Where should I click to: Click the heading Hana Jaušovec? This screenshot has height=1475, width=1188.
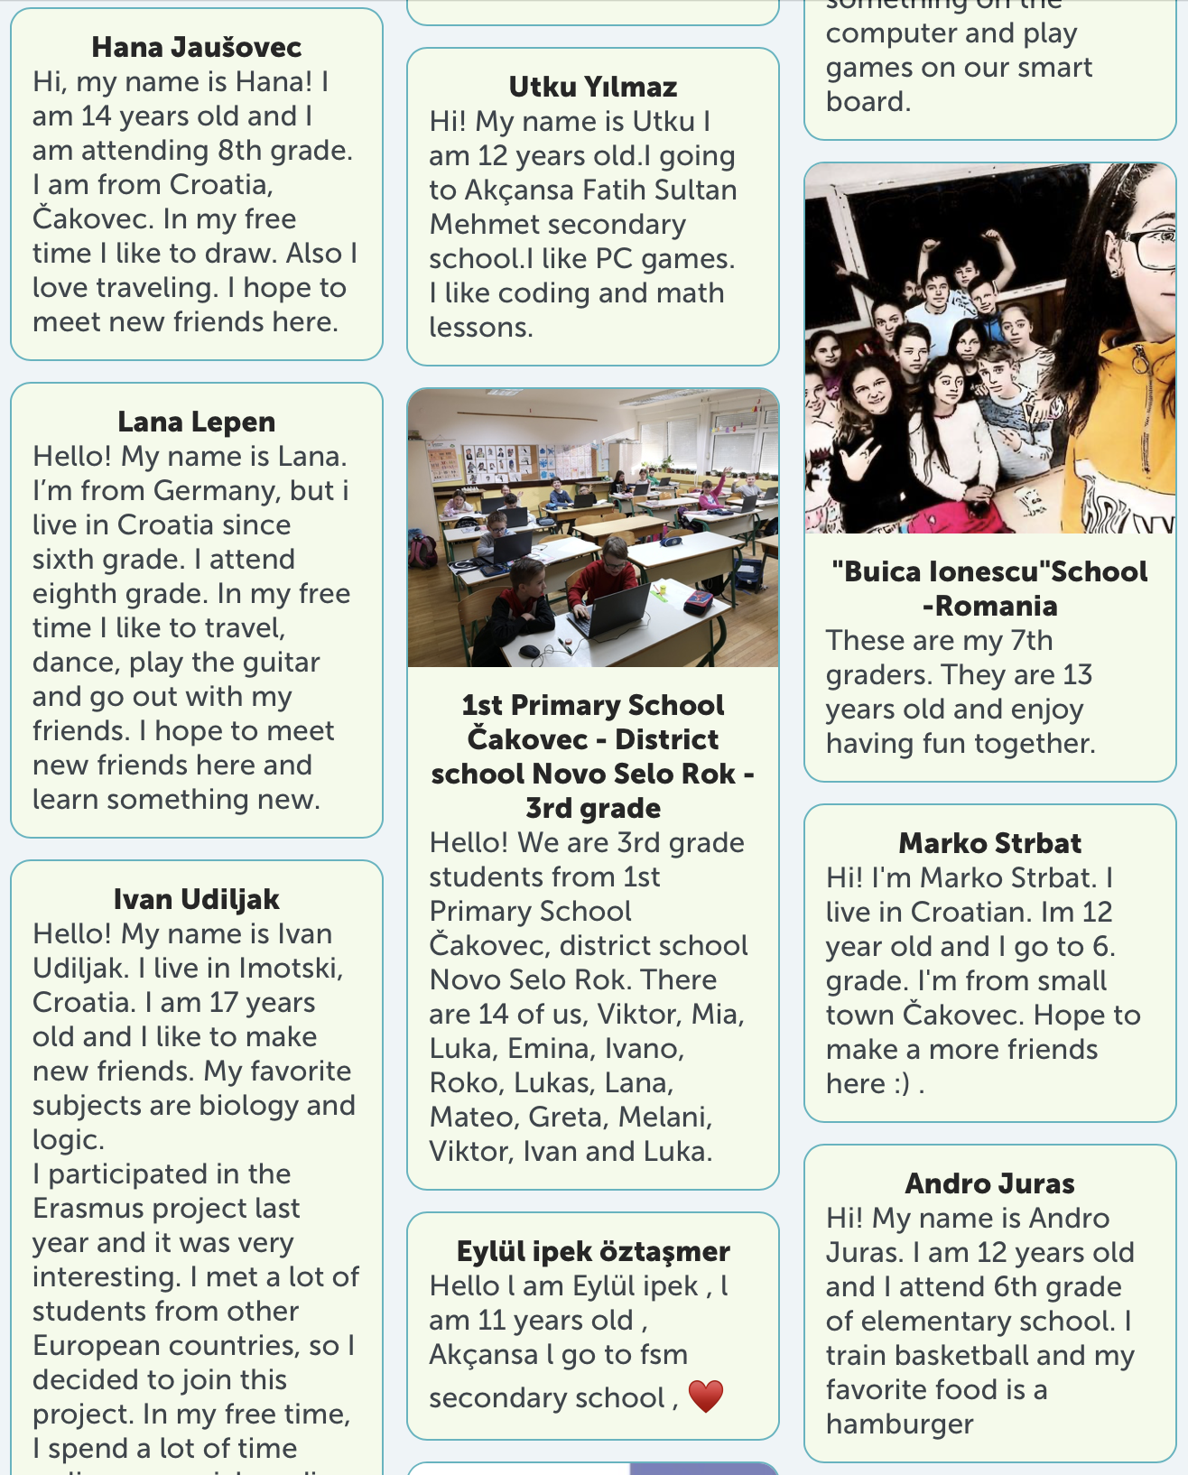[197, 47]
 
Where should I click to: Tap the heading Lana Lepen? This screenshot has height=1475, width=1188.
[197, 422]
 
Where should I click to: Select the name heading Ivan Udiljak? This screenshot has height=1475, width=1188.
[197, 899]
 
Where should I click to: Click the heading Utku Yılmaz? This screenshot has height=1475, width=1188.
[593, 87]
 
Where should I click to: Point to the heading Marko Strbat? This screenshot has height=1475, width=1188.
[990, 843]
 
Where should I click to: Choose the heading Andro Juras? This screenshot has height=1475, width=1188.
[990, 1183]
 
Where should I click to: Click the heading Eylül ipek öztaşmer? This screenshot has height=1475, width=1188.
[593, 1252]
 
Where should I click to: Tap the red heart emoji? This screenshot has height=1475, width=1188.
[706, 1396]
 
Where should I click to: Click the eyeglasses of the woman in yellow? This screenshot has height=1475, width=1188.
[1154, 241]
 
